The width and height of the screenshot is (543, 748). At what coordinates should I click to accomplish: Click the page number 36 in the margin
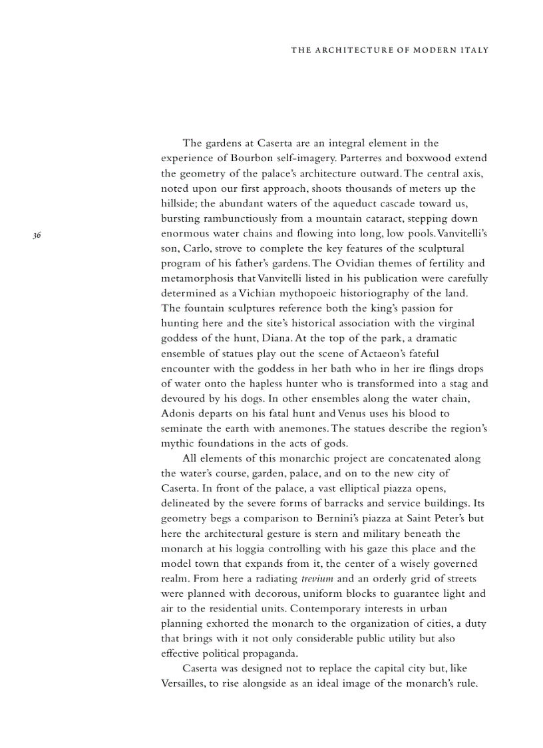[37, 234]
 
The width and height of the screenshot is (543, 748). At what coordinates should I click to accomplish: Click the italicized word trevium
[317, 579]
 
